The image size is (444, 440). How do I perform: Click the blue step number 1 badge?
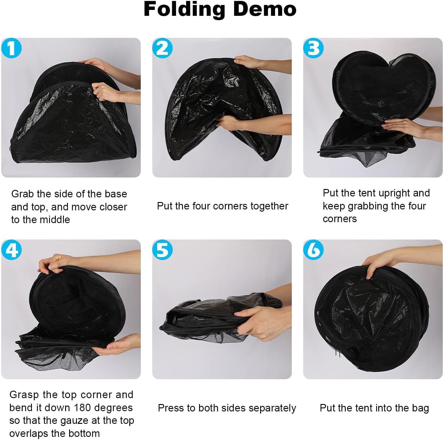click(x=11, y=48)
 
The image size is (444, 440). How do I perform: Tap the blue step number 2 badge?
click(x=162, y=48)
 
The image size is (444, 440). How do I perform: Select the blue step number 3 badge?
click(x=313, y=48)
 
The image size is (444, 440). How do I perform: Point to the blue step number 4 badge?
click(x=11, y=250)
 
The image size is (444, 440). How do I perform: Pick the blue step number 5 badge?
click(x=162, y=250)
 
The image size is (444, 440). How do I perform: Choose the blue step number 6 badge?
click(x=313, y=250)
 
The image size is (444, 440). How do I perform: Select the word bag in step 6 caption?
click(x=420, y=408)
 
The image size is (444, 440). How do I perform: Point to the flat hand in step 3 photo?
click(x=400, y=127)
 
